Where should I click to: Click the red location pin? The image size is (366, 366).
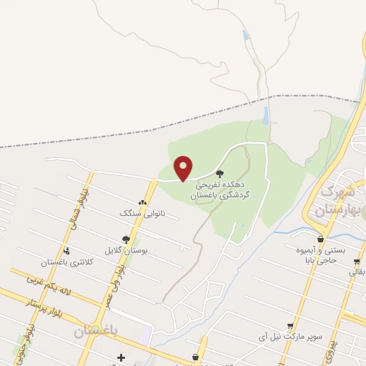[184, 169]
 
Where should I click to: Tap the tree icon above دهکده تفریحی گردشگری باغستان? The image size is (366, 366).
[219, 172]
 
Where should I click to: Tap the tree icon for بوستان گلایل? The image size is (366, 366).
[126, 239]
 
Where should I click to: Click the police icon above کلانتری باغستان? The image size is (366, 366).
[66, 251]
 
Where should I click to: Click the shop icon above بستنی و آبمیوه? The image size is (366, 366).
[320, 239]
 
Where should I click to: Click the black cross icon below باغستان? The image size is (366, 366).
[121, 357]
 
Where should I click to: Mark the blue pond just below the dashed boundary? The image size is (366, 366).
[266, 114]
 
